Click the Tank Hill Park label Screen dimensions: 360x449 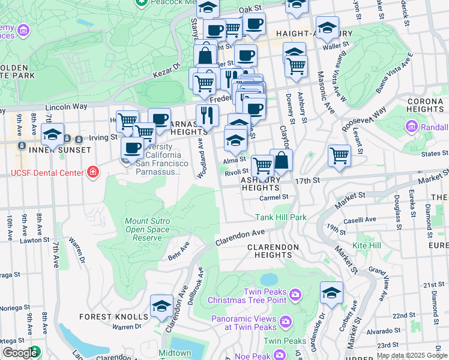coord(281,217)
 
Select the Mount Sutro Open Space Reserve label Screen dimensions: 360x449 coord(147,229)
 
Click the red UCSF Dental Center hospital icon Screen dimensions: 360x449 coord(92,173)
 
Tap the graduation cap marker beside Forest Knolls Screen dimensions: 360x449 coord(161,307)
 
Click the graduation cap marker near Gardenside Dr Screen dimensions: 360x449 coord(331,293)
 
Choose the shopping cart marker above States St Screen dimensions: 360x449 coord(340,155)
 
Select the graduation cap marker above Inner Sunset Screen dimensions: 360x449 coord(53,135)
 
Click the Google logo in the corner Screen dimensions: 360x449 coord(20,353)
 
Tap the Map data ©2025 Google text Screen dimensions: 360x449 coord(412,355)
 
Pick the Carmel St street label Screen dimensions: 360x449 coord(274,197)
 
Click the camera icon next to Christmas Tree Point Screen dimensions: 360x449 coord(295,294)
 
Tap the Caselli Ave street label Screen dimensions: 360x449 coord(360,220)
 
